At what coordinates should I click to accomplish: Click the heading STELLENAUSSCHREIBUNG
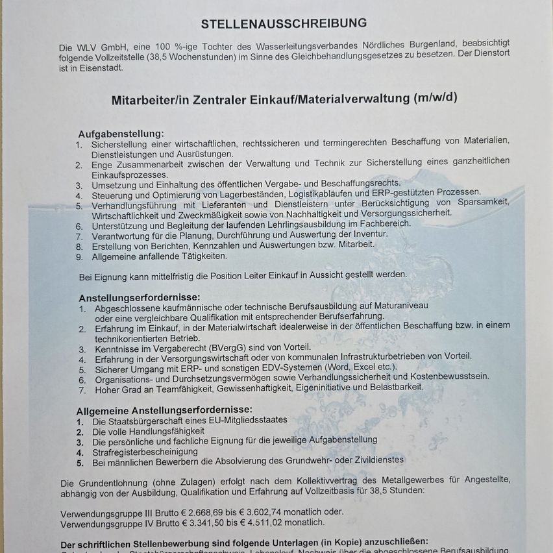click(284, 24)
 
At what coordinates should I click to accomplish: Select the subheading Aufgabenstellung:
click(121, 133)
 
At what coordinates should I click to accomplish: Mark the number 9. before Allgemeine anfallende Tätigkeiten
click(79, 256)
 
